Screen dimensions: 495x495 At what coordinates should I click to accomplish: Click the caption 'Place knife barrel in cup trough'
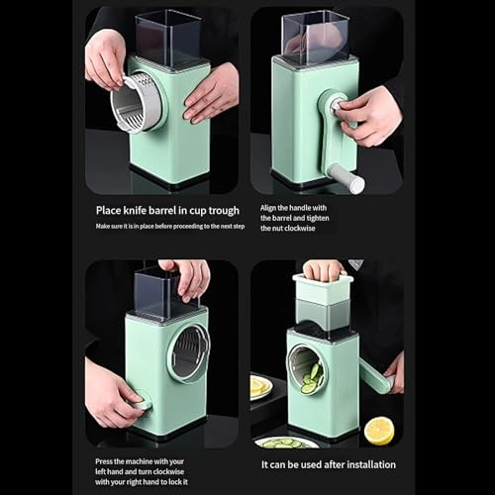tap(167, 211)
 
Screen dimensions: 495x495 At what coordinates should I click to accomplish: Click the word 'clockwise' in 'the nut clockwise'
tap(300, 229)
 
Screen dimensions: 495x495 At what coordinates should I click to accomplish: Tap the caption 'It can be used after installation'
tap(329, 464)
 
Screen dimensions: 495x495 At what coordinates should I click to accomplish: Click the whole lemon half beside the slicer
tap(379, 431)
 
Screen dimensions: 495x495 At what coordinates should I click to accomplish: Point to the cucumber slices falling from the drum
tap(311, 378)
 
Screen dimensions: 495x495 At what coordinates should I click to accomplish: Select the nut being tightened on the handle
tap(338, 104)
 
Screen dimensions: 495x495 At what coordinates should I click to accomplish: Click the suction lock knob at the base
tap(141, 400)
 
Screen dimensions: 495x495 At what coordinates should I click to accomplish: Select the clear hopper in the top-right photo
tap(315, 37)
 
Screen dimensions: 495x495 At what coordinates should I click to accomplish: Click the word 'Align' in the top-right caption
tap(268, 208)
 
